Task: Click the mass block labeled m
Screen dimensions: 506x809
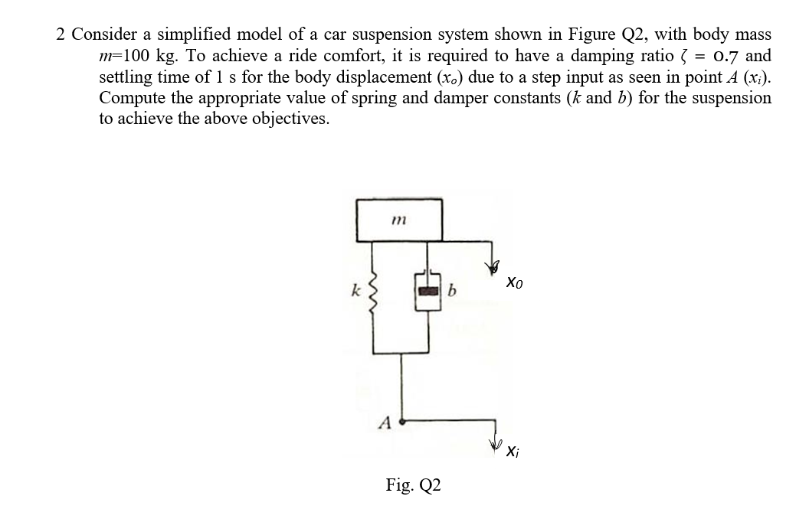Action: pyautogui.click(x=398, y=220)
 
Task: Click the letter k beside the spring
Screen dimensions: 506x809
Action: pyautogui.click(x=354, y=291)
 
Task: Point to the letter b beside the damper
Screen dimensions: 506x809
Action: pyautogui.click(x=453, y=291)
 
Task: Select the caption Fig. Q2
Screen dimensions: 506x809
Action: pyautogui.click(x=413, y=485)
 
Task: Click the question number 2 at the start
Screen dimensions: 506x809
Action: pyautogui.click(x=61, y=35)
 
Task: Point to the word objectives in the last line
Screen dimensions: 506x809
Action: pyautogui.click(x=288, y=119)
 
